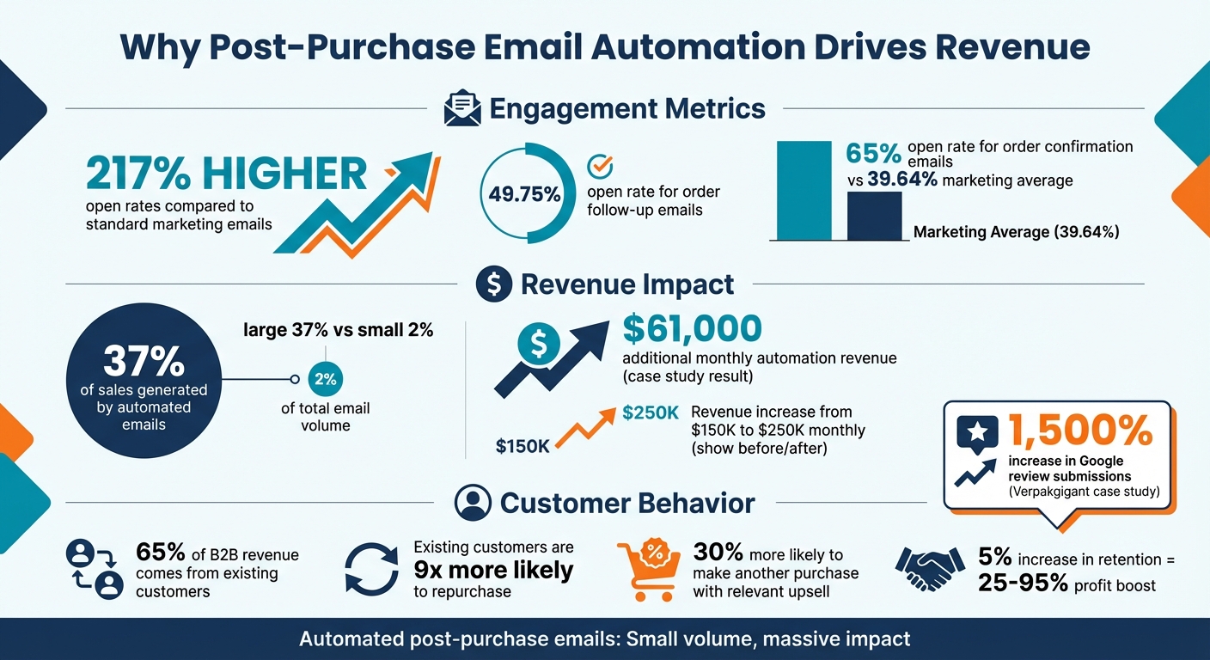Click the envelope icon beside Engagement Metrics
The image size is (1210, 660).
tap(461, 110)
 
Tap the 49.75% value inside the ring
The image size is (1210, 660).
tap(524, 194)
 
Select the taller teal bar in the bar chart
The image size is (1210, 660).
tap(804, 190)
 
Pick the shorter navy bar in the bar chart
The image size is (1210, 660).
tap(874, 215)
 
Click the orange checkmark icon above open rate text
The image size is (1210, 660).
tap(598, 166)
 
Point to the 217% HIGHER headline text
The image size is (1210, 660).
tap(226, 174)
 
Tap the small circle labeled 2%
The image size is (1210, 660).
tap(325, 379)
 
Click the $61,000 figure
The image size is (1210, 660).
tap(692, 329)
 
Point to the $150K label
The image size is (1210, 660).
tap(522, 446)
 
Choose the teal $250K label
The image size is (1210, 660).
tap(651, 413)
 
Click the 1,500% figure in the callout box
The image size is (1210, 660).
tap(1079, 430)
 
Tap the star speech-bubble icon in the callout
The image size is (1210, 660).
tap(977, 433)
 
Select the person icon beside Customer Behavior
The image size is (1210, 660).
tap(471, 503)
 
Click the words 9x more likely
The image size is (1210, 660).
tap(493, 570)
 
